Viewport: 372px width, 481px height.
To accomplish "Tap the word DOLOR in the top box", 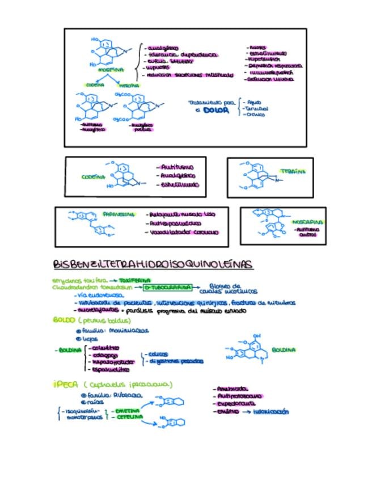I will [216, 111].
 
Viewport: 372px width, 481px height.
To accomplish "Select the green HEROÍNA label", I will [128, 86].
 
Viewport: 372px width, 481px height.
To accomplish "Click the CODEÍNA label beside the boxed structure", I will [93, 177].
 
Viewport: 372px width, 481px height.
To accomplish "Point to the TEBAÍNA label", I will [293, 171].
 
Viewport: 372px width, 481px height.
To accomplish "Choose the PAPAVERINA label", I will [119, 215].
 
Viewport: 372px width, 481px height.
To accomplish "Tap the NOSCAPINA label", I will [308, 222].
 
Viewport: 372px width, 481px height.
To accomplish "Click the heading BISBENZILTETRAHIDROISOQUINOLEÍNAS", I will [153, 265].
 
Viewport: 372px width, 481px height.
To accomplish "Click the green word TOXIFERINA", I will [134, 280].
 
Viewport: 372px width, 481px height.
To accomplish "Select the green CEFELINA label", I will [126, 417].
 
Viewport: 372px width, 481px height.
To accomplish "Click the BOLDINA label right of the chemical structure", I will [284, 350].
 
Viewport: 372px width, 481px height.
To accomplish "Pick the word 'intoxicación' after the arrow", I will [270, 412].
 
